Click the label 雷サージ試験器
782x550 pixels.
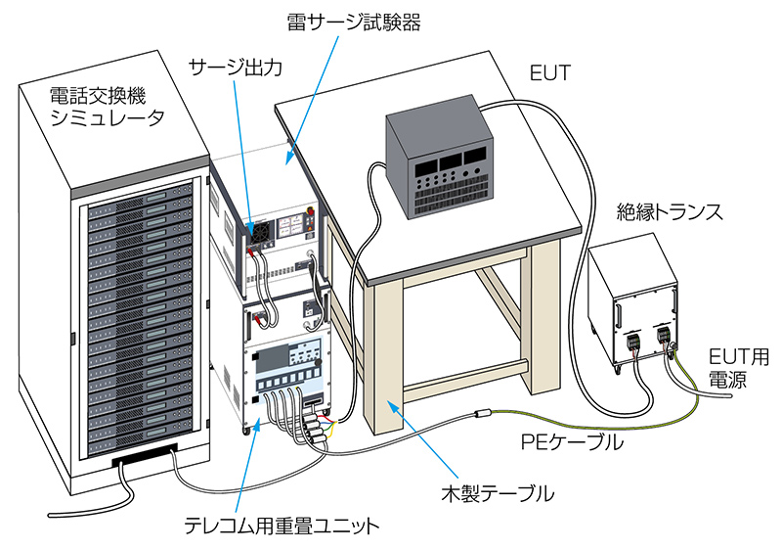click(x=354, y=22)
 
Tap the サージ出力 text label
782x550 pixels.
click(x=236, y=68)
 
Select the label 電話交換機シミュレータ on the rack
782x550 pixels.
click(x=108, y=108)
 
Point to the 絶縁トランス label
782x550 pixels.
click(x=670, y=212)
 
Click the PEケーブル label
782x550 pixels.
click(x=572, y=442)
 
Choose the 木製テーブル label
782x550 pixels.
click(x=498, y=493)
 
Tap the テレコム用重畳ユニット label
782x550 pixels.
click(x=282, y=527)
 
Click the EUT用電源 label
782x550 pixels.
click(x=739, y=368)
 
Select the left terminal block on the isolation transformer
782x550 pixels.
click(x=632, y=343)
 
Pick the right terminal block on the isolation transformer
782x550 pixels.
click(x=664, y=336)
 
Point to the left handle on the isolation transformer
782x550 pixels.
click(x=618, y=313)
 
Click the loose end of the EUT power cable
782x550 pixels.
click(x=730, y=395)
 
